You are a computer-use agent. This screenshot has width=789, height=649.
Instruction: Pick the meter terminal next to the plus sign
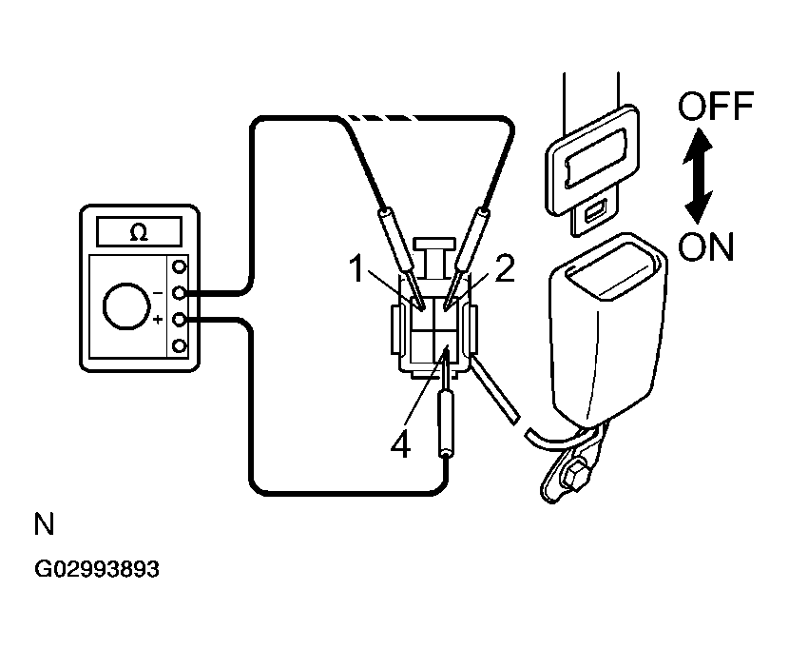point(178,320)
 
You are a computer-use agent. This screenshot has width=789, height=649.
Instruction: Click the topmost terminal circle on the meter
point(178,267)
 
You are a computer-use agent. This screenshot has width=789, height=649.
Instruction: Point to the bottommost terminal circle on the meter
point(178,345)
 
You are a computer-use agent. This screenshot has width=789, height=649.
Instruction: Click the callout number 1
point(357,270)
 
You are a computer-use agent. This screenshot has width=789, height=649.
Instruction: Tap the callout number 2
point(504,270)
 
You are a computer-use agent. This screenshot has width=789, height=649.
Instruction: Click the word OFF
point(715,107)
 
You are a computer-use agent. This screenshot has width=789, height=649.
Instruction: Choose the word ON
point(706,248)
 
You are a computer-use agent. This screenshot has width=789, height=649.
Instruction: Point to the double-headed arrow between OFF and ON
point(700,176)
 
